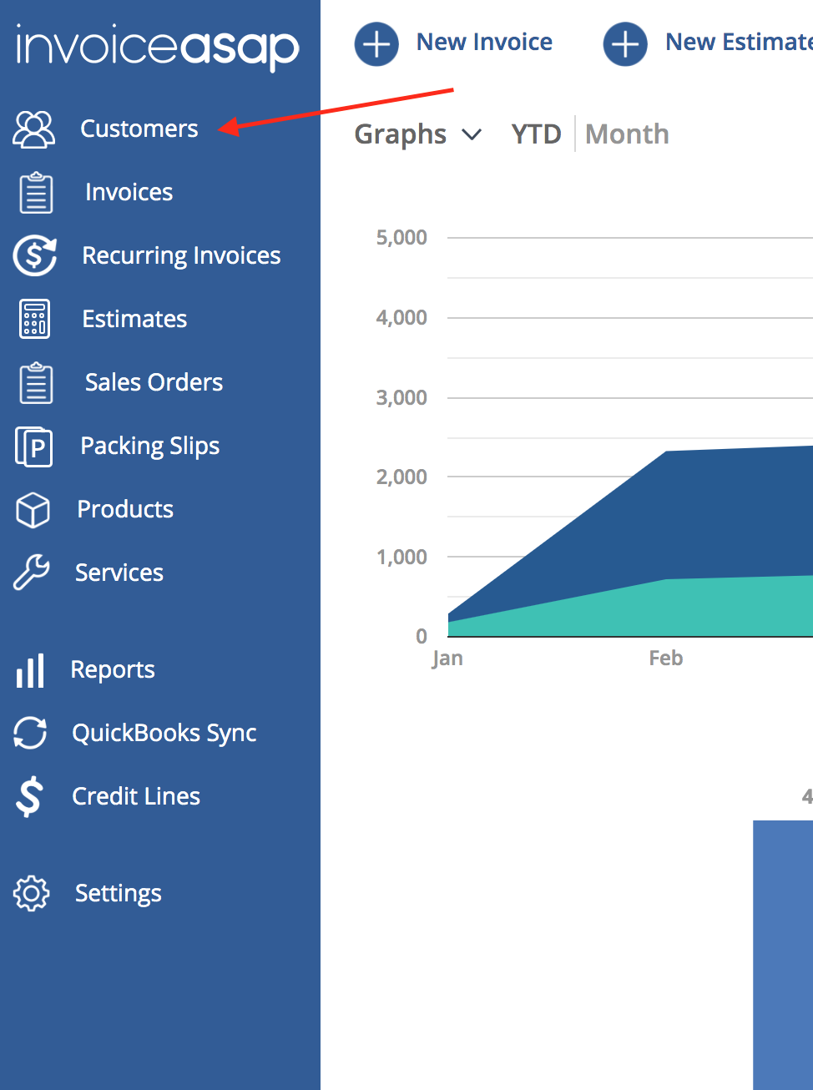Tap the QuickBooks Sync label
pos(164,733)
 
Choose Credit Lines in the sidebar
pos(136,796)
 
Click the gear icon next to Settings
pos(31,893)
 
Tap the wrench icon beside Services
pos(31,572)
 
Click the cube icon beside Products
pos(33,510)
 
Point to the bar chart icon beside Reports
pos(30,671)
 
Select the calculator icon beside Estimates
pos(34,319)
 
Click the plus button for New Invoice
pos(376,43)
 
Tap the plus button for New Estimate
pos(625,43)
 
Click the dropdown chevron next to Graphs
pos(472,134)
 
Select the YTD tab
pos(537,134)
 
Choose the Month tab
pos(627,134)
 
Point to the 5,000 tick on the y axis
pos(401,237)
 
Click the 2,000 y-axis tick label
pos(401,477)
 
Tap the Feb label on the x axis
pos(666,658)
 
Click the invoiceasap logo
pos(158,48)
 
